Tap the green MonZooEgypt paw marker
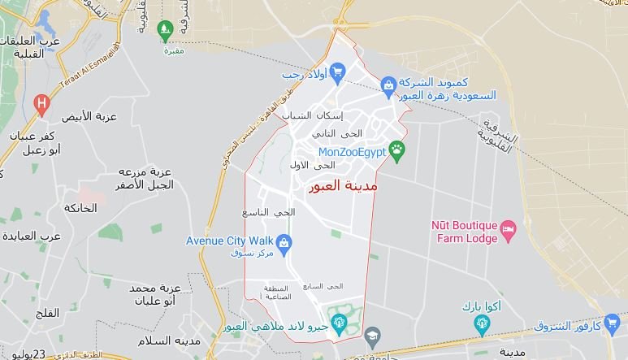pos(396,149)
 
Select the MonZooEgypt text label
pos(351,150)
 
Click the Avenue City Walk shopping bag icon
pos(284,241)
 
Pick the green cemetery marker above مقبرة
pos(165,31)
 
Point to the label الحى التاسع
pos(269,212)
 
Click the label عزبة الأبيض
pos(89,116)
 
